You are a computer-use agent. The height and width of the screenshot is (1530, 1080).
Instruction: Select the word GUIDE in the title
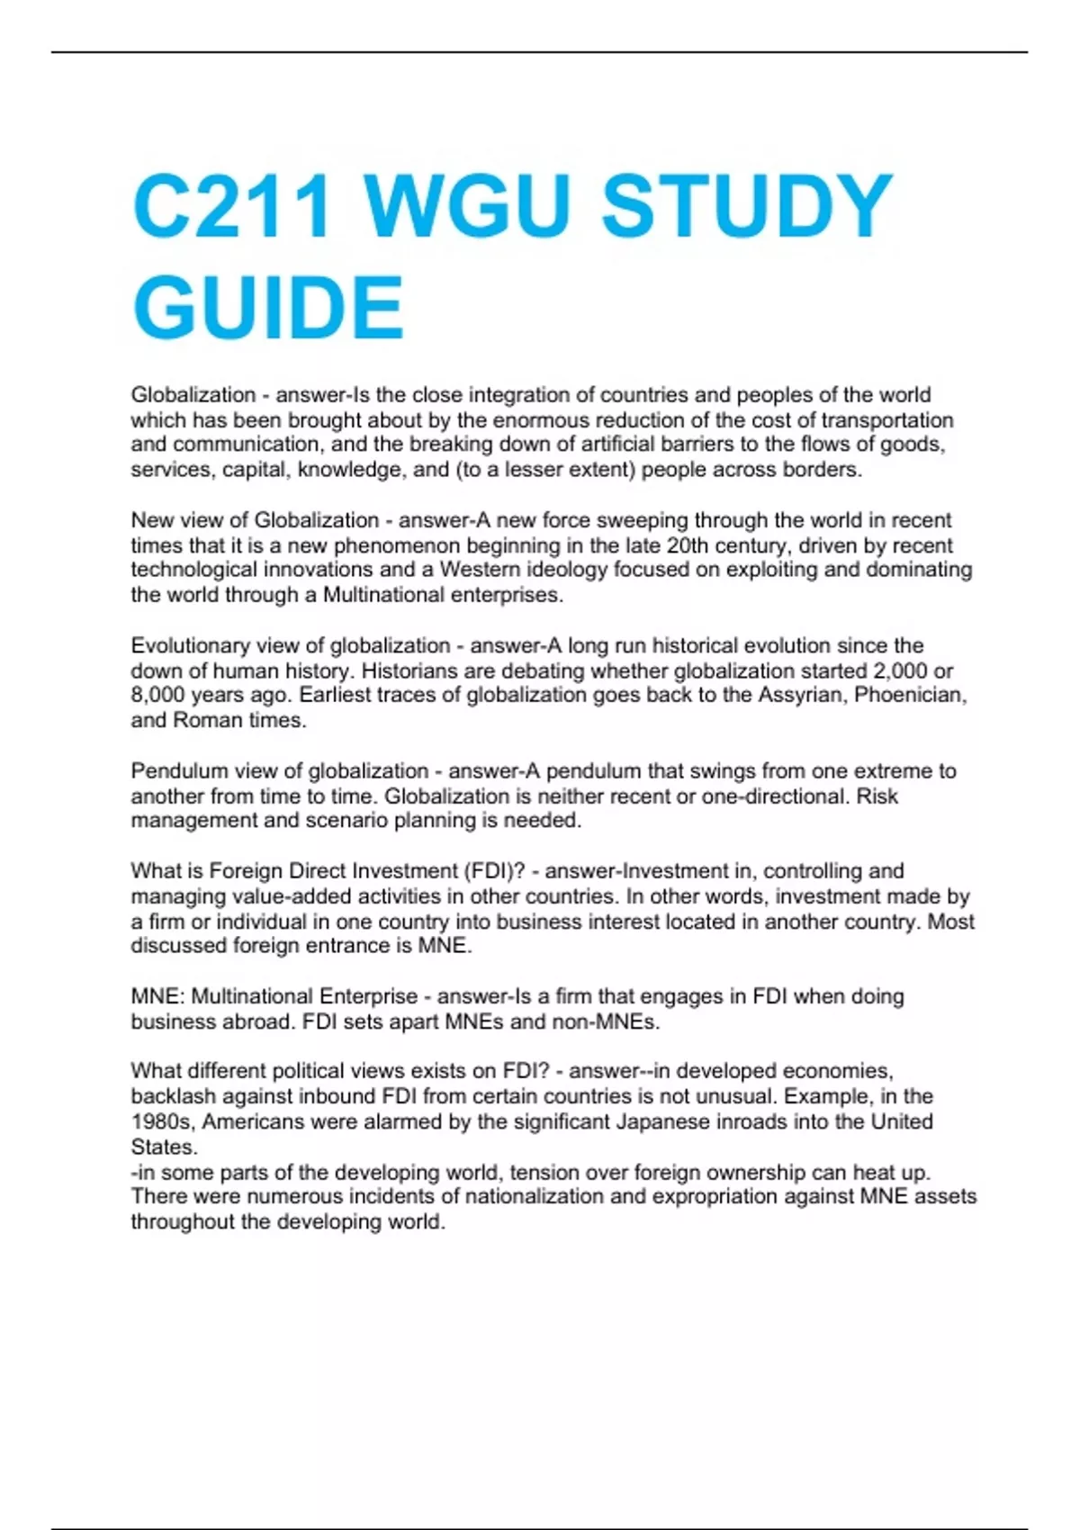click(268, 307)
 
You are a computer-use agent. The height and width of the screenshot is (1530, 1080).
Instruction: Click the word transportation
click(886, 420)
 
